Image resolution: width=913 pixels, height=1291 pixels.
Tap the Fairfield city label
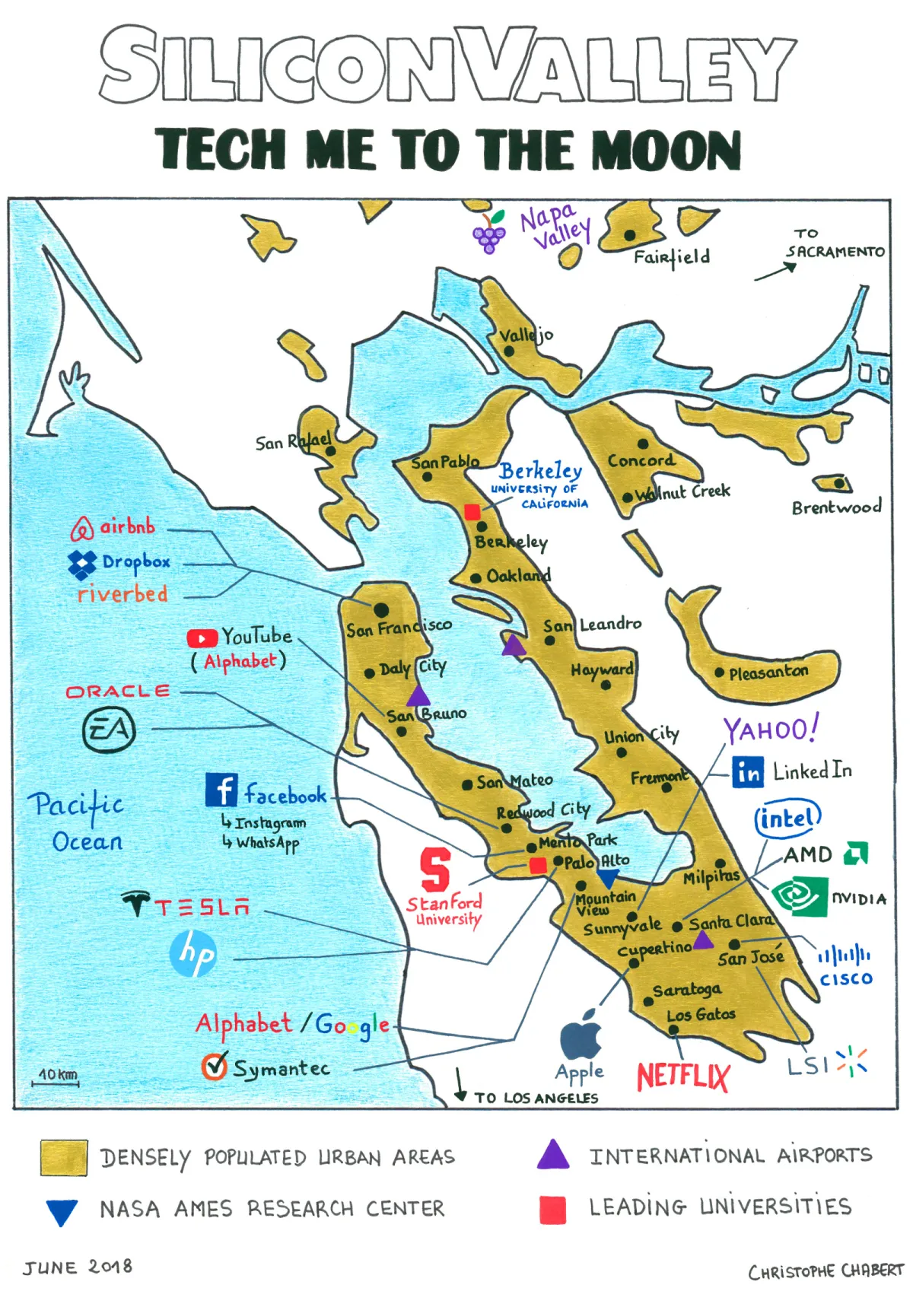(x=672, y=257)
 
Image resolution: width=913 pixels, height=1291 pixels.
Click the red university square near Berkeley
(x=472, y=512)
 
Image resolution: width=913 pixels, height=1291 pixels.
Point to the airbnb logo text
(x=127, y=526)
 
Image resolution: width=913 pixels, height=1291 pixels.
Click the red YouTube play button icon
(x=202, y=638)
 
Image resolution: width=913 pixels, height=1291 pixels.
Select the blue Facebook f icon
(x=221, y=790)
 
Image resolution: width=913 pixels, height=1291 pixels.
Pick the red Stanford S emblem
(x=435, y=870)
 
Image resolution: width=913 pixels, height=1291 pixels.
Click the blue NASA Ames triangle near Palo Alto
(x=607, y=879)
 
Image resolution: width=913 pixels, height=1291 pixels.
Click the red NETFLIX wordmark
(x=682, y=1076)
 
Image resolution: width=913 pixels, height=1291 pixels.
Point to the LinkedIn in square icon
(x=748, y=772)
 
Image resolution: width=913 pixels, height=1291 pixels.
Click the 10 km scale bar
(x=58, y=1081)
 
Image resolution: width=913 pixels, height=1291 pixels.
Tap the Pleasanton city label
(x=768, y=673)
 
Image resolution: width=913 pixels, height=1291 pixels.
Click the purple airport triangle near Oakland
(x=514, y=646)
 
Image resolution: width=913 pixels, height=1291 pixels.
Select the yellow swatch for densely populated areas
(x=64, y=1157)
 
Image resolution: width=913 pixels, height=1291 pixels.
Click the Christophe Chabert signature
(x=826, y=1271)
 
